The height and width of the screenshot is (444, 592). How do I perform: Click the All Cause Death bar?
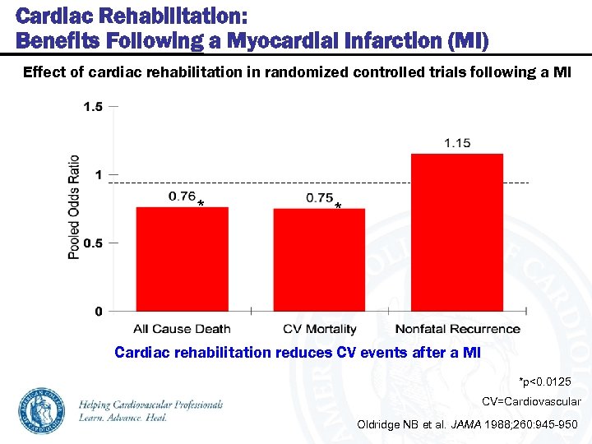[182, 259]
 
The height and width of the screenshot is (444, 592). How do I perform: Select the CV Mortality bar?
[319, 260]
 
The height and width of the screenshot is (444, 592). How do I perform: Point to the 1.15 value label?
[457, 143]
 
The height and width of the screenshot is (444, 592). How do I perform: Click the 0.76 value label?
[182, 196]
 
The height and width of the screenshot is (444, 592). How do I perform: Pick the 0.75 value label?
[319, 197]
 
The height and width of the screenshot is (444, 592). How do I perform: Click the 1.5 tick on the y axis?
[93, 106]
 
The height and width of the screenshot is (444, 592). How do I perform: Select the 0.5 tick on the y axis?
[93, 243]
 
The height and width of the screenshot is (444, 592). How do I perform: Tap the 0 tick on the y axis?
[99, 312]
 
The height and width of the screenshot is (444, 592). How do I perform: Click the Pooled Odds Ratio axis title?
[74, 206]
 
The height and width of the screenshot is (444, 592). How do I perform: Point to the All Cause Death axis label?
[182, 329]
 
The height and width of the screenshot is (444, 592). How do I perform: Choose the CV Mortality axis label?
[320, 329]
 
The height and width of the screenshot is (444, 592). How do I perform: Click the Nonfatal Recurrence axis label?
[457, 329]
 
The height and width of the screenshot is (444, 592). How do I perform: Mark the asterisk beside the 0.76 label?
[201, 204]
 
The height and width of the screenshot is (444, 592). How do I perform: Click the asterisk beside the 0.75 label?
[338, 206]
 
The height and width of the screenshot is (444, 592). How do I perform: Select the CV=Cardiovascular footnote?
[531, 402]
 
